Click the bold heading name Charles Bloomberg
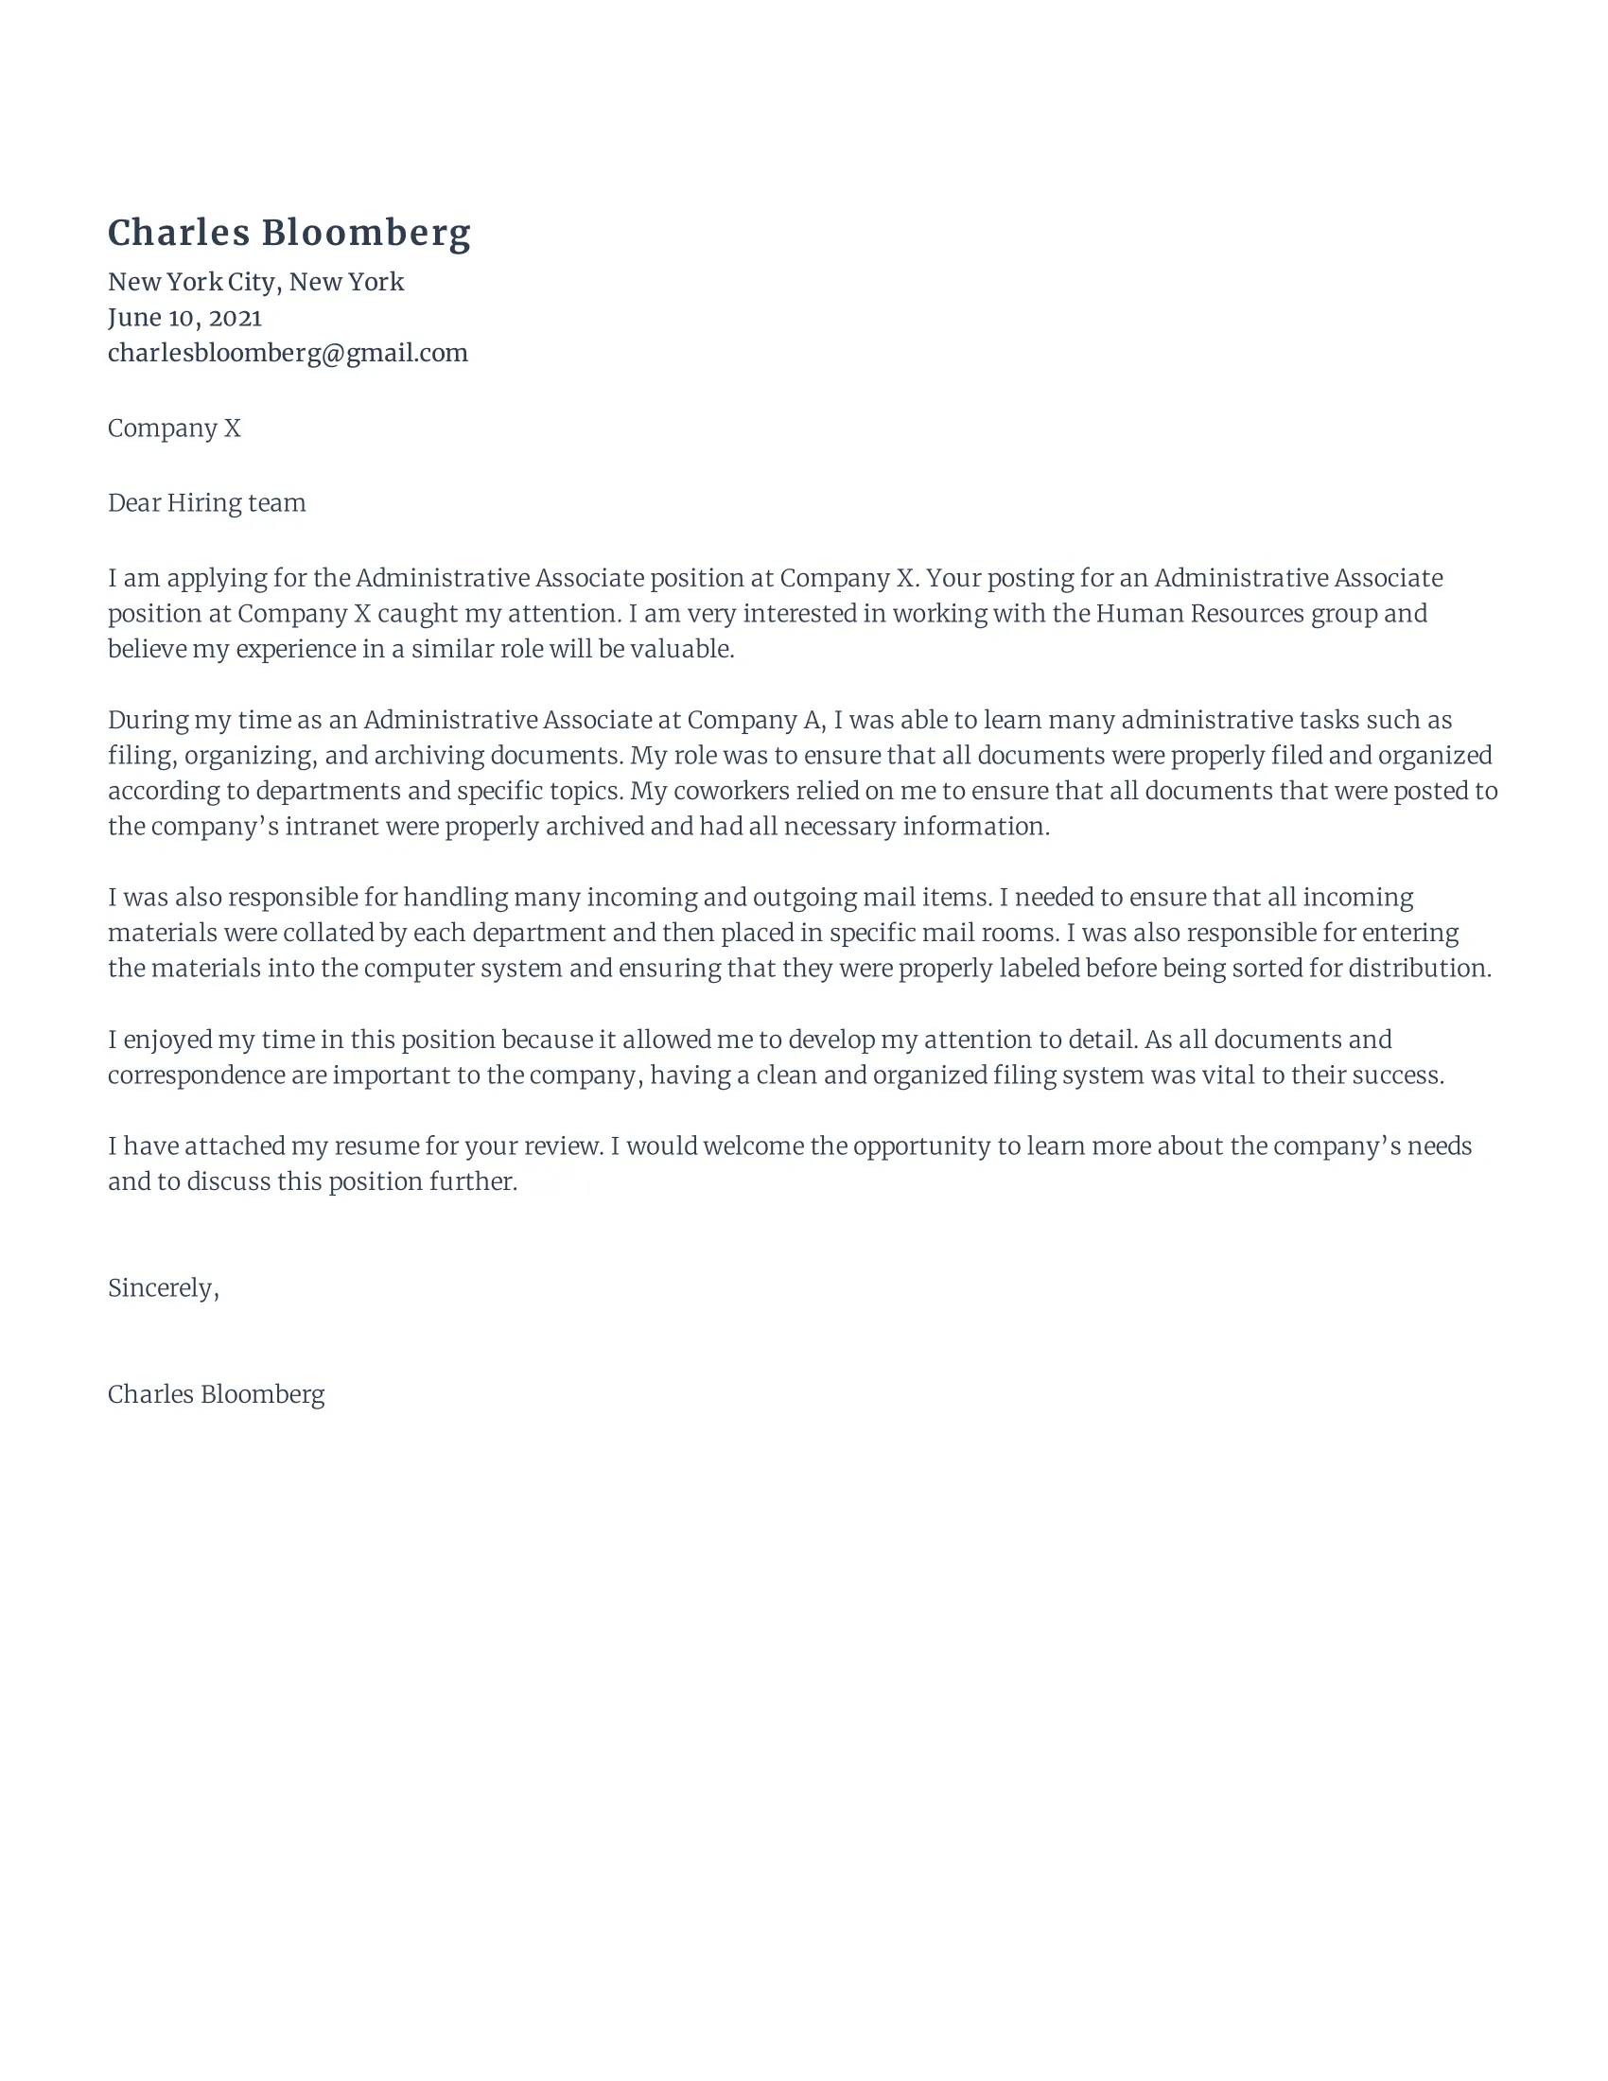[288, 233]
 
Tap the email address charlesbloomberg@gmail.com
[288, 353]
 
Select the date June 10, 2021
[184, 317]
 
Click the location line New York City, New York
[255, 282]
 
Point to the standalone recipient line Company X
[174, 428]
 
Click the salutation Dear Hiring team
[207, 502]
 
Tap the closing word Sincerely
[162, 1287]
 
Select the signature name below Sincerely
[217, 1394]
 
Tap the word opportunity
[921, 1145]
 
